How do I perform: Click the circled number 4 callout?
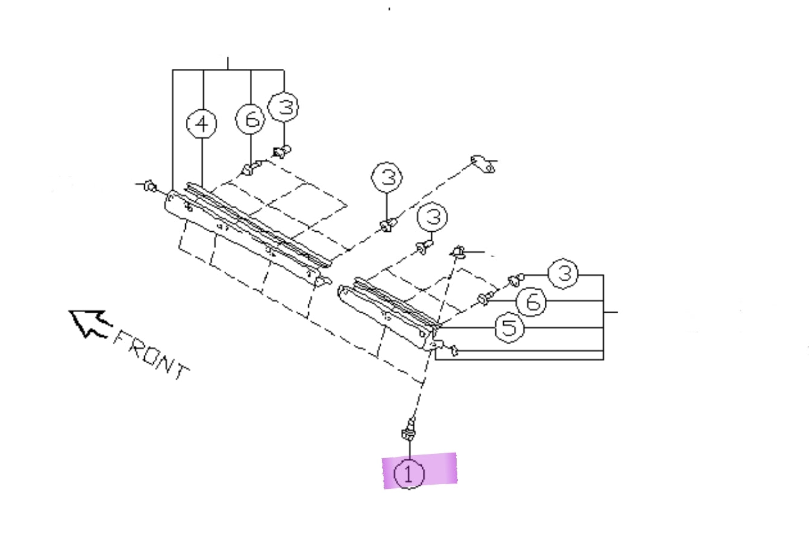coord(202,124)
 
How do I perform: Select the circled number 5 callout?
coord(510,328)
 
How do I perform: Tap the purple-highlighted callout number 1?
coord(410,474)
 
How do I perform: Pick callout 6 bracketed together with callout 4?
coord(250,120)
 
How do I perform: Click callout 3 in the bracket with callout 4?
coord(284,107)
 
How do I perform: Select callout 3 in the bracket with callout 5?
coord(564,274)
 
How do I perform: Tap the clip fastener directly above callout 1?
coord(408,430)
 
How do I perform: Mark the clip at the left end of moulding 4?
coord(150,187)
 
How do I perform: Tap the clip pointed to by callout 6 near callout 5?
coord(483,298)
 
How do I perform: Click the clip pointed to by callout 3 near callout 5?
coord(515,279)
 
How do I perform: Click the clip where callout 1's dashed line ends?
coord(458,251)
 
